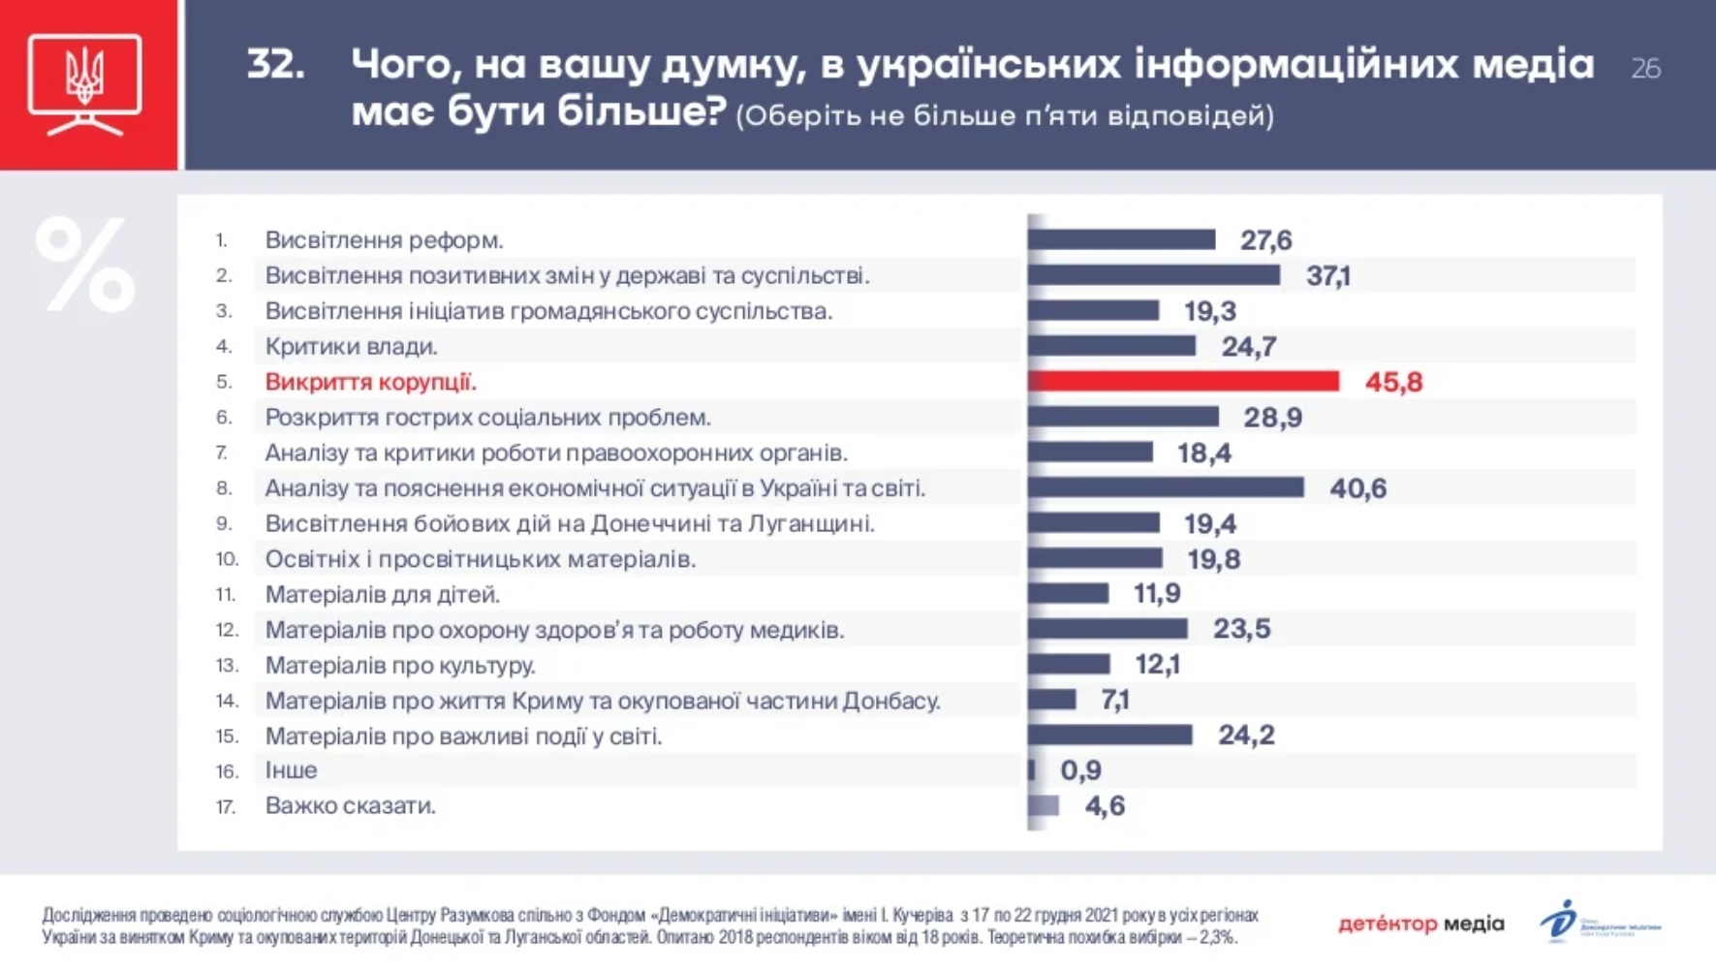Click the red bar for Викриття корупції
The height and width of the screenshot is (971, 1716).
1183,382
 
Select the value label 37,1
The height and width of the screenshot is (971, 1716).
1327,276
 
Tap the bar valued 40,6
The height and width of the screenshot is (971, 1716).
1166,487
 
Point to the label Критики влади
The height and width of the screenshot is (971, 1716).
351,346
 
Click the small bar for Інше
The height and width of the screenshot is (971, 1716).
1032,770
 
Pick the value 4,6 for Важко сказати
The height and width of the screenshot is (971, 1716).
1105,806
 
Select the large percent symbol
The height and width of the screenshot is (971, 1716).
85,265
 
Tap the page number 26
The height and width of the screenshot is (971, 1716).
1645,69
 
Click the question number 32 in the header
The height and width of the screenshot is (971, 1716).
276,65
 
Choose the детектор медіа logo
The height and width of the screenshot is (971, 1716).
1420,924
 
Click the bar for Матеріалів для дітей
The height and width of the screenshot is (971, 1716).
1068,593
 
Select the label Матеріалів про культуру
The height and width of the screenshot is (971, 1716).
400,666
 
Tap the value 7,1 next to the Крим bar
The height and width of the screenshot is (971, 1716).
1115,700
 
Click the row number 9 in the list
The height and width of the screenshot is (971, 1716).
224,524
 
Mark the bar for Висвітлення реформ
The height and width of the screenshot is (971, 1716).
1121,239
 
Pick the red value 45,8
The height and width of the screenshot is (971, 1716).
1393,382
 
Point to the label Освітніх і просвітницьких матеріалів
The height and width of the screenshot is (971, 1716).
481,559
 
